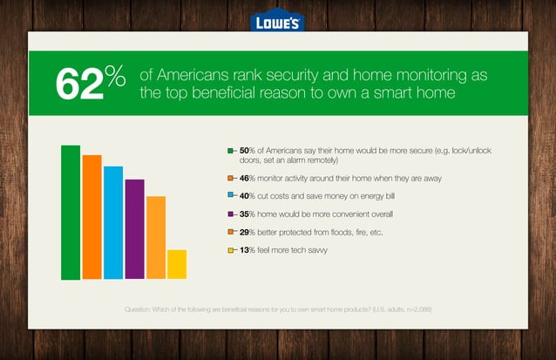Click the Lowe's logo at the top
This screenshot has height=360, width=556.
[x=277, y=21]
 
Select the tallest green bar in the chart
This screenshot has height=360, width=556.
[x=71, y=213]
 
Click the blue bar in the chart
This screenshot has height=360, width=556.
[x=113, y=222]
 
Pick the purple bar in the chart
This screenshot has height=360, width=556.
[x=134, y=229]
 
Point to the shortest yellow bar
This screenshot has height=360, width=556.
[x=177, y=264]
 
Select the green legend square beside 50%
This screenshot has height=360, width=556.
[x=230, y=151]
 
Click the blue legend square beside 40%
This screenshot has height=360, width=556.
[x=230, y=196]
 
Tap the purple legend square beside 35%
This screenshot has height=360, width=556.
[x=230, y=214]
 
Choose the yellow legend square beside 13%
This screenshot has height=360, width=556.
[x=230, y=251]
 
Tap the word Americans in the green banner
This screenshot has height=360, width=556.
[x=196, y=75]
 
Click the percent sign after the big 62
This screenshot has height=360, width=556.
[x=117, y=74]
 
